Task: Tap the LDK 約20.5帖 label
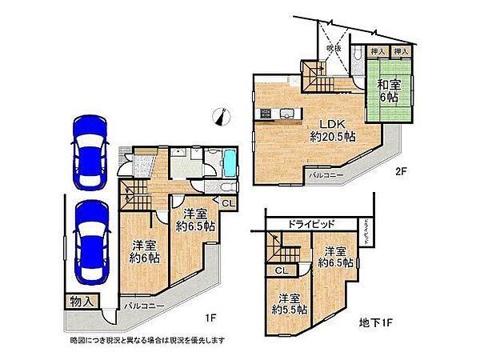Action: [333, 130]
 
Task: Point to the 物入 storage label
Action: [82, 301]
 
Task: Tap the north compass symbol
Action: [221, 118]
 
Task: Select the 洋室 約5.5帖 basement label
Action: [290, 305]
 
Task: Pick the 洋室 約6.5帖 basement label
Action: [335, 256]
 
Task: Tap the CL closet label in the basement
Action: [282, 270]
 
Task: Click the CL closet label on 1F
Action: [226, 203]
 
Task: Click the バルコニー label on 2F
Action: [326, 173]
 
